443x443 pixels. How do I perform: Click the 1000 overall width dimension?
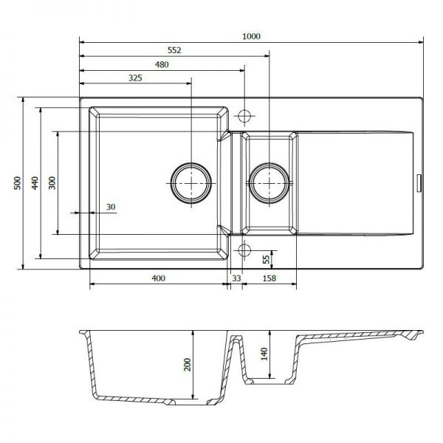pos(251,36)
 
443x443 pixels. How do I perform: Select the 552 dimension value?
pos(174,50)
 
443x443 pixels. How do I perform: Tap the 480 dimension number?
pos(162,65)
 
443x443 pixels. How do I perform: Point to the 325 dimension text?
pos(135,78)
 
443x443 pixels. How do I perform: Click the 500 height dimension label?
pos(18,183)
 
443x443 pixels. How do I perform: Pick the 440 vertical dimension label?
pos(35,183)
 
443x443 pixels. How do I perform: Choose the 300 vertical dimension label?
pos(52,183)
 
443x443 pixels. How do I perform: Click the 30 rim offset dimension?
pos(111,207)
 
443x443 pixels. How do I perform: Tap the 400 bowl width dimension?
pos(158,278)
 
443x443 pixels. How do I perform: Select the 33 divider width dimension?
pos(236,278)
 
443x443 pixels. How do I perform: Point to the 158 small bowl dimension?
pos(269,278)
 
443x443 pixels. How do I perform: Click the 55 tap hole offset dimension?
pos(266,259)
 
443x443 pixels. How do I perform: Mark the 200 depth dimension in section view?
pos(188,365)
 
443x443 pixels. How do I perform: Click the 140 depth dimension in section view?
pos(264,354)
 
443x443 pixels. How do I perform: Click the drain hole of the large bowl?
pos(191,183)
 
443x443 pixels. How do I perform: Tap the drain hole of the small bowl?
pos(269,183)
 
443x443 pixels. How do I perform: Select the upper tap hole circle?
pos(244,116)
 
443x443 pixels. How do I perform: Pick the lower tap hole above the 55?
pos(244,250)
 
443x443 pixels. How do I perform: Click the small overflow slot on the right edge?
pos(419,183)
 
